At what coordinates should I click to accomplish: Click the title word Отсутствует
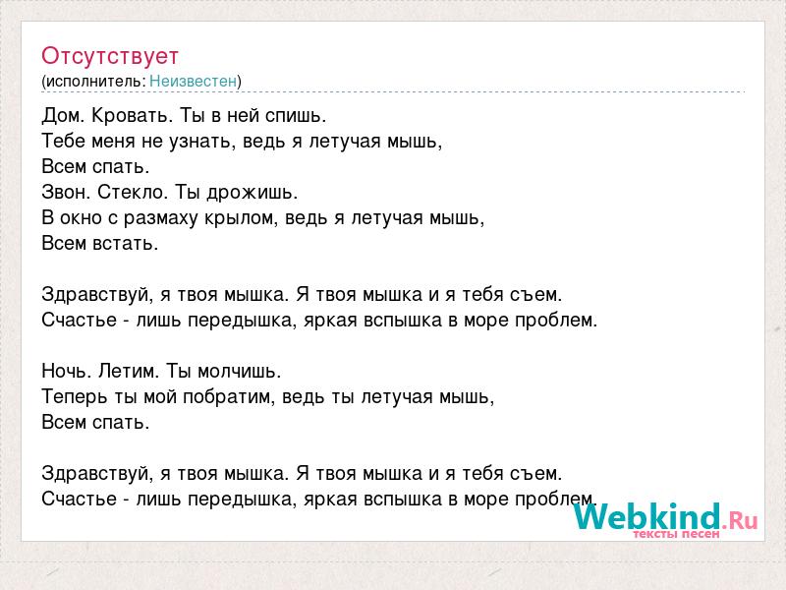110,56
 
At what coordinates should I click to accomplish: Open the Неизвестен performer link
193,81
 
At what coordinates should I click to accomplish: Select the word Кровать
133,116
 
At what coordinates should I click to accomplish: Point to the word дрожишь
253,193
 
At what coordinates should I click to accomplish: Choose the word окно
81,218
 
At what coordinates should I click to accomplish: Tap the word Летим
129,371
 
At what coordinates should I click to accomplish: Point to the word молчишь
240,371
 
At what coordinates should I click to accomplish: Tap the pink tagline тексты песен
676,534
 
